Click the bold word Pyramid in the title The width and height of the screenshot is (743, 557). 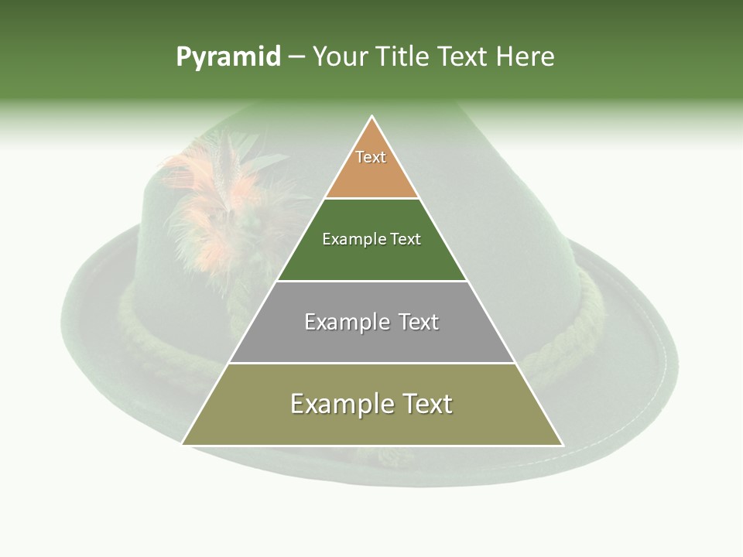[228, 57]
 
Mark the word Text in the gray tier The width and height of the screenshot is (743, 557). [418, 322]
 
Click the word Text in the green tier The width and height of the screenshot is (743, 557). [406, 240]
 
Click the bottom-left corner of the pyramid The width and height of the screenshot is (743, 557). [183, 444]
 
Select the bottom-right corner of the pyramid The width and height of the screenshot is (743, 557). [563, 444]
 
